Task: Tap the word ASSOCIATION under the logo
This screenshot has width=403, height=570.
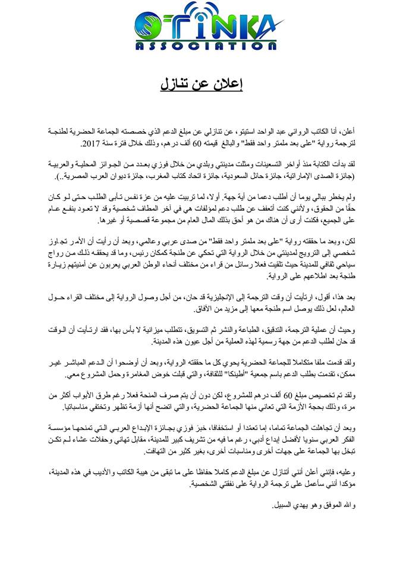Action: coord(202,46)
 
